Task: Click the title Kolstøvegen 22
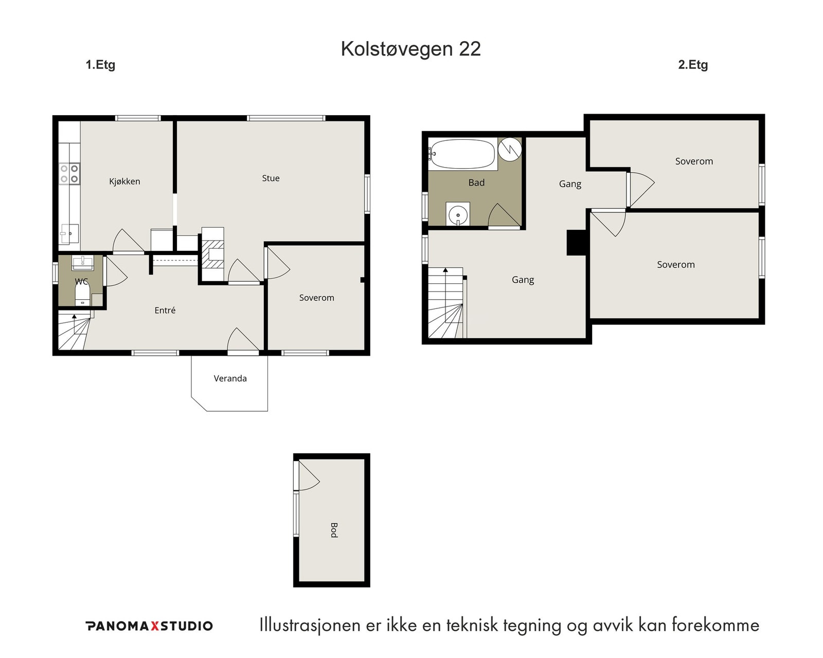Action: [x=410, y=49]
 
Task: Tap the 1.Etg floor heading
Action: [x=100, y=65]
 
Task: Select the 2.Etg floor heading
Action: [x=692, y=65]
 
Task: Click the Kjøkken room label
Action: [x=124, y=181]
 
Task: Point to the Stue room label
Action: [x=271, y=178]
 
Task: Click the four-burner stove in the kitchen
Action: [x=69, y=174]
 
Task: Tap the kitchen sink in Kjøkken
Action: [x=69, y=233]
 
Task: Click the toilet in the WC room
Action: [x=82, y=295]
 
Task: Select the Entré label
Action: [x=165, y=310]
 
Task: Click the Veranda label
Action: [x=230, y=378]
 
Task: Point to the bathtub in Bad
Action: [x=462, y=154]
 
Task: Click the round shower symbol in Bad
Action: [x=510, y=149]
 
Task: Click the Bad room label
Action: [x=476, y=183]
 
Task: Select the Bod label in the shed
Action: [x=334, y=530]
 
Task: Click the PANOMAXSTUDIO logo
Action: [x=149, y=626]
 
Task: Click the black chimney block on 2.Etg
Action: [x=577, y=243]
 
